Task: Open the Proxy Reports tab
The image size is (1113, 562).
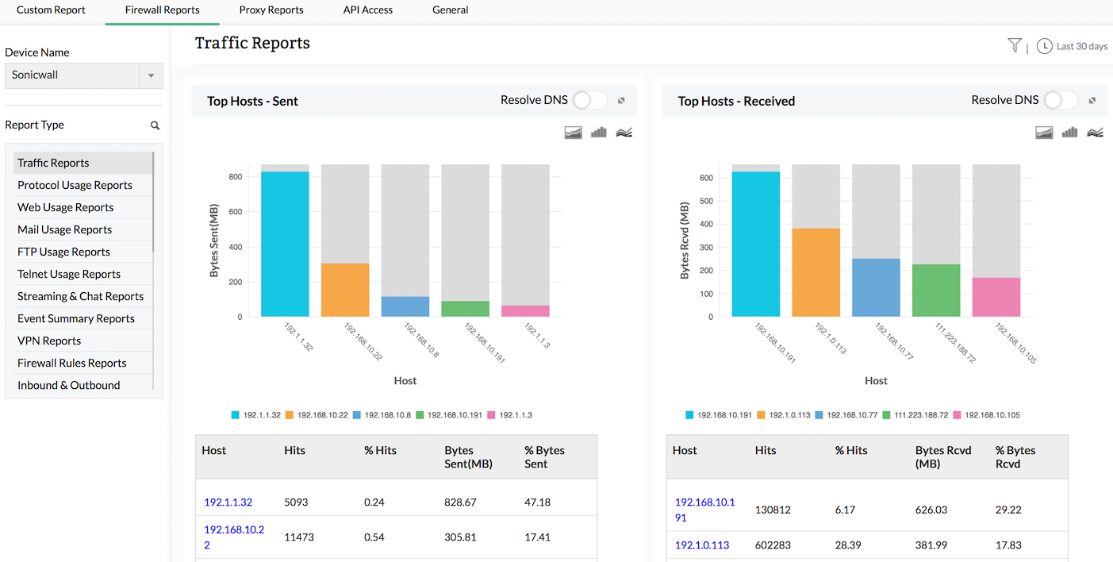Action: coord(271,10)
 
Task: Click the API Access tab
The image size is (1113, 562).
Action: coord(367,10)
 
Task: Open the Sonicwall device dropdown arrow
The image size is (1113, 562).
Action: coord(151,75)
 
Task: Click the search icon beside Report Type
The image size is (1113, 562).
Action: coord(155,125)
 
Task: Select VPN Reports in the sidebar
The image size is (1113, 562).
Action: coord(49,341)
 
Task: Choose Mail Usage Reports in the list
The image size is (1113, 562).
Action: coord(64,229)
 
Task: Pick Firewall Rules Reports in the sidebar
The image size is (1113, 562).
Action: coord(71,363)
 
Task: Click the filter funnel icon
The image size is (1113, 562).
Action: coord(1014,45)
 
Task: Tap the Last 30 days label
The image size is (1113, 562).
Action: coord(1081,47)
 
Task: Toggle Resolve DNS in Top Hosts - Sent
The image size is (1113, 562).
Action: coord(589,100)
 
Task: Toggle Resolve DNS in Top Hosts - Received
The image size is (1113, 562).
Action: coord(1061,100)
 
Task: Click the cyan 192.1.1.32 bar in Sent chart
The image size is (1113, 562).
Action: coord(285,244)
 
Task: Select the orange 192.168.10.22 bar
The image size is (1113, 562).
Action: coord(345,290)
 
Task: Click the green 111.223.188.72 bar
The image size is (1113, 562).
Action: coord(936,291)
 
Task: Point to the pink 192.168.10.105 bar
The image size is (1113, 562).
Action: coord(996,297)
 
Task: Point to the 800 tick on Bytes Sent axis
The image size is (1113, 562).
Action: coord(235,177)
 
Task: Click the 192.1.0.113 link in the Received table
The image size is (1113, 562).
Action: coord(702,545)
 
